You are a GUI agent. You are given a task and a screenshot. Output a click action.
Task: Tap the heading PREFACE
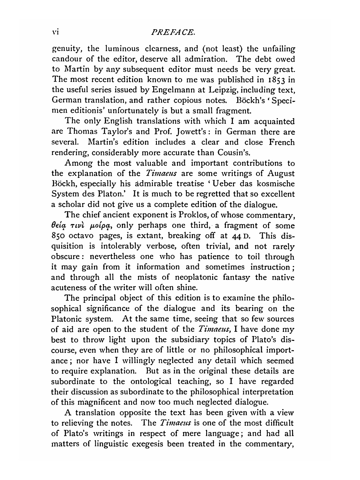180,32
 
